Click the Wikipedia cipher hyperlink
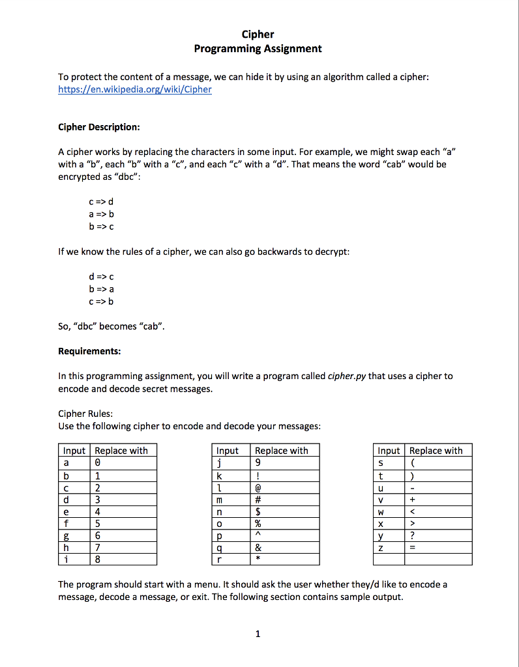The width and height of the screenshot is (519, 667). tap(135, 89)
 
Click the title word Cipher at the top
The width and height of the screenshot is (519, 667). tap(258, 35)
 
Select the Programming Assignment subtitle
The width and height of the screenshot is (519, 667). tap(258, 49)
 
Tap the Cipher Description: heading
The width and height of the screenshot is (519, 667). tap(99, 126)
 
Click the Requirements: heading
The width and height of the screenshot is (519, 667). tap(89, 351)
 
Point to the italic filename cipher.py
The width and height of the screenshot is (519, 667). tap(347, 376)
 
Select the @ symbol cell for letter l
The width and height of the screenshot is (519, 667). tap(285, 488)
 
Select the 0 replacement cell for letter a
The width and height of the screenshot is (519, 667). tap(125, 463)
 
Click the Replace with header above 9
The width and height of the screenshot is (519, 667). tap(285, 451)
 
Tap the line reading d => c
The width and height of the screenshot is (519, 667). tap(96, 276)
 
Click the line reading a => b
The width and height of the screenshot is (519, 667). tap(96, 214)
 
